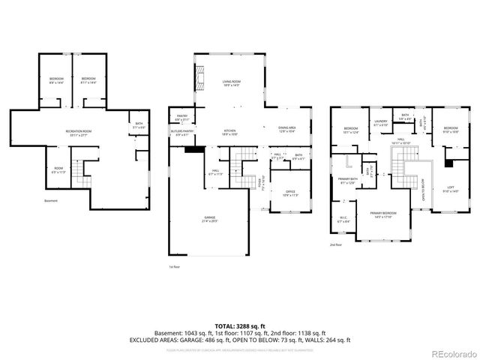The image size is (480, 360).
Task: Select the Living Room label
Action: (x=230, y=84)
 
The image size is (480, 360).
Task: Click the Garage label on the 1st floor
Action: (x=208, y=220)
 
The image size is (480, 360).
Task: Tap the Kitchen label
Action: (x=229, y=133)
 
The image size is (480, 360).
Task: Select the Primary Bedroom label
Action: (x=382, y=215)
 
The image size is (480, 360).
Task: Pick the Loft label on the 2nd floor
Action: (x=451, y=190)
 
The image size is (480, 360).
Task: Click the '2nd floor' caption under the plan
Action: (x=336, y=244)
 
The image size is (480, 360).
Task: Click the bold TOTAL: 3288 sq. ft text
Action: (x=240, y=325)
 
